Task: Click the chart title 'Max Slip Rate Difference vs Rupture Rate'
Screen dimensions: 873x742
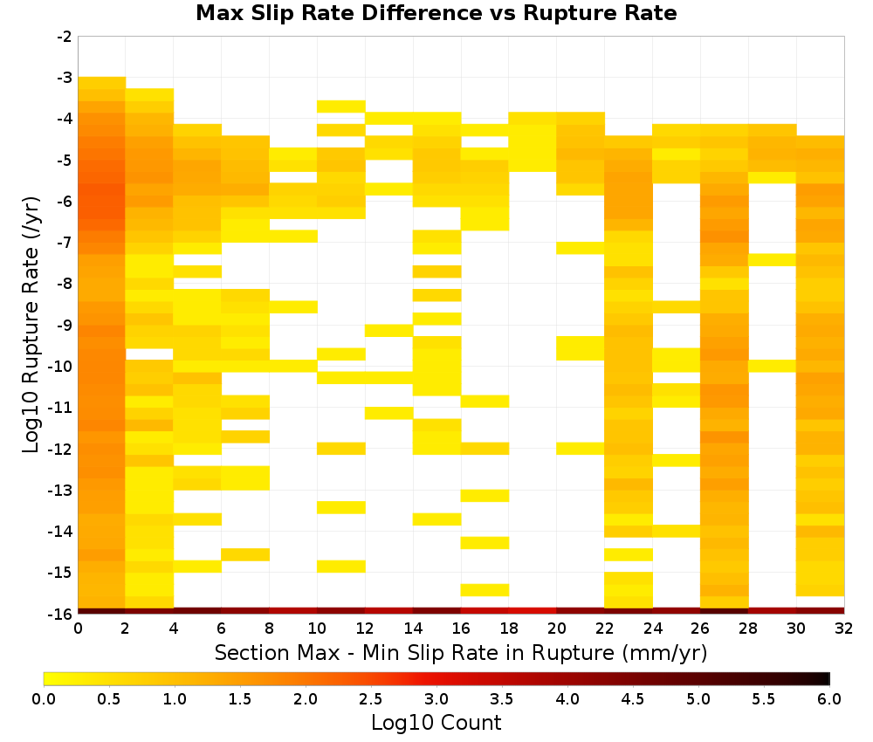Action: pyautogui.click(x=436, y=12)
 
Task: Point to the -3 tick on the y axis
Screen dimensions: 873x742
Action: pyautogui.click(x=65, y=78)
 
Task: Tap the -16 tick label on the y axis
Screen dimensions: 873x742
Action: pyautogui.click(x=62, y=614)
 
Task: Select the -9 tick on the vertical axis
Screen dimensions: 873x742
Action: pyautogui.click(x=65, y=325)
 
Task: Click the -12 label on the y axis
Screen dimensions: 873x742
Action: pyautogui.click(x=62, y=449)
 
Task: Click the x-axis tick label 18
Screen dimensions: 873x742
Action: pyautogui.click(x=509, y=629)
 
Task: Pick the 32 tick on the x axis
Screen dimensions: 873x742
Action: pyautogui.click(x=844, y=629)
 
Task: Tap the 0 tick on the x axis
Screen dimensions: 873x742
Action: pyautogui.click(x=78, y=629)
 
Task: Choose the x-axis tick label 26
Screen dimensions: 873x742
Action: pyautogui.click(x=700, y=629)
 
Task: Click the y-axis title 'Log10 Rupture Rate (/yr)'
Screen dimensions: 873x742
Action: pyautogui.click(x=31, y=325)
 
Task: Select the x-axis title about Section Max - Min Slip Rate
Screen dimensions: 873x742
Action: pyautogui.click(x=461, y=652)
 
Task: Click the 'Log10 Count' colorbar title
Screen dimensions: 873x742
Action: pyautogui.click(x=436, y=723)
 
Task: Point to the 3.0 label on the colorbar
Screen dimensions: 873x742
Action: pyautogui.click(x=436, y=698)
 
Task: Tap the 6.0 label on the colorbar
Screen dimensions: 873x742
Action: pyautogui.click(x=829, y=698)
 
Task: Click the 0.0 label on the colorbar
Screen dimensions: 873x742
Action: pyautogui.click(x=44, y=698)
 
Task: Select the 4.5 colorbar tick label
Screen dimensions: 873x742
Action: pyautogui.click(x=633, y=698)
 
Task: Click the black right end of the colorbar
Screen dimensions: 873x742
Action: pyautogui.click(x=826, y=678)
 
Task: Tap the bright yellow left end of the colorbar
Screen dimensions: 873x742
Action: pyautogui.click(x=48, y=678)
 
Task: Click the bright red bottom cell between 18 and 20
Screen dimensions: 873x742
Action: pyautogui.click(x=533, y=611)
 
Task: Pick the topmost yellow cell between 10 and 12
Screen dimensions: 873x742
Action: pyautogui.click(x=341, y=106)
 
